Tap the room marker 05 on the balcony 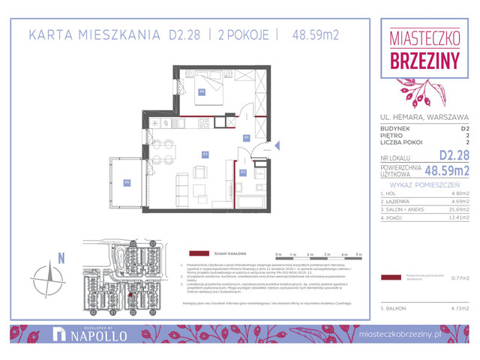point(127,182)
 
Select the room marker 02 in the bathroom point(243,172)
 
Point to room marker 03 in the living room point(204,153)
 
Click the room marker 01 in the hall point(247,138)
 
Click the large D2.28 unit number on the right point(454,155)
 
